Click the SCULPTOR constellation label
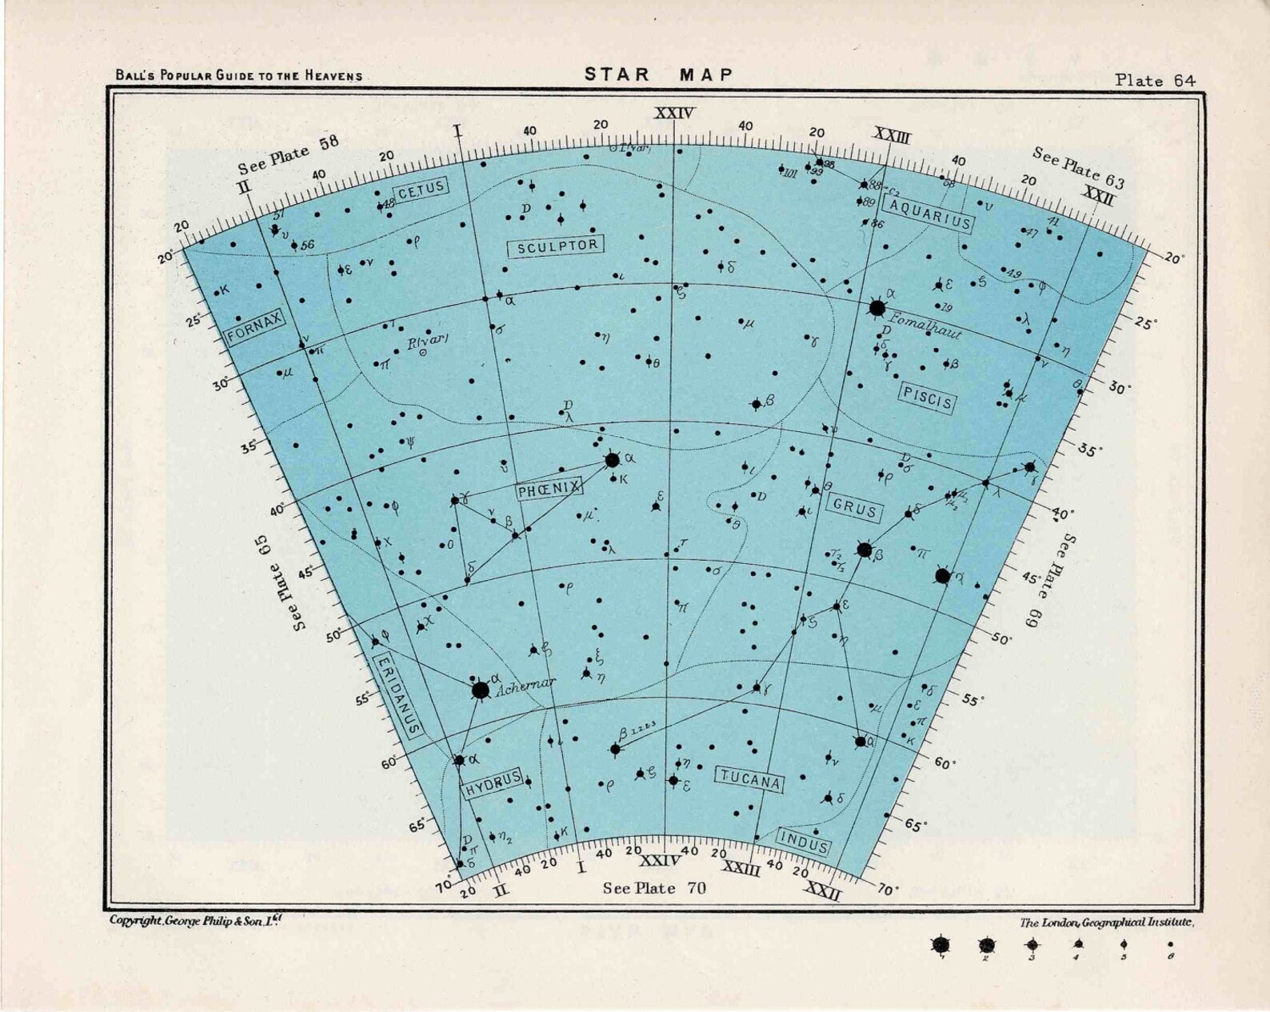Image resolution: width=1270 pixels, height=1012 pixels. click(x=557, y=246)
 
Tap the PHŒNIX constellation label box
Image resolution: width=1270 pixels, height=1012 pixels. click(x=549, y=489)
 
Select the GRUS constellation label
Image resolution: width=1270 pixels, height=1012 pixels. click(x=854, y=507)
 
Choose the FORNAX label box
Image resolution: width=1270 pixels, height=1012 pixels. click(x=255, y=327)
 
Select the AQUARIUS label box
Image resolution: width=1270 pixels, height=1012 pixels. click(x=930, y=214)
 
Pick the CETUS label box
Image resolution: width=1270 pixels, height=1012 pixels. click(x=421, y=189)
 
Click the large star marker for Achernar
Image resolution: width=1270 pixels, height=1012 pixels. click(x=480, y=690)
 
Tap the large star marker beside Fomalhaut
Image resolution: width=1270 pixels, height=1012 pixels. click(x=877, y=307)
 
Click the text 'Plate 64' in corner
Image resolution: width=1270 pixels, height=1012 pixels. click(x=1156, y=80)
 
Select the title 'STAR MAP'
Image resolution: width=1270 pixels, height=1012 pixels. click(x=658, y=74)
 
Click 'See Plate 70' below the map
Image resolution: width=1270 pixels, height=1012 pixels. click(x=654, y=888)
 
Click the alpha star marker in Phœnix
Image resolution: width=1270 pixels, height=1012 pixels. click(x=612, y=460)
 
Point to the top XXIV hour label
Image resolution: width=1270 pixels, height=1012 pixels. click(x=673, y=114)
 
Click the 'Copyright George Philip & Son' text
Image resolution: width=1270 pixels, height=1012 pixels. click(x=195, y=921)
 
